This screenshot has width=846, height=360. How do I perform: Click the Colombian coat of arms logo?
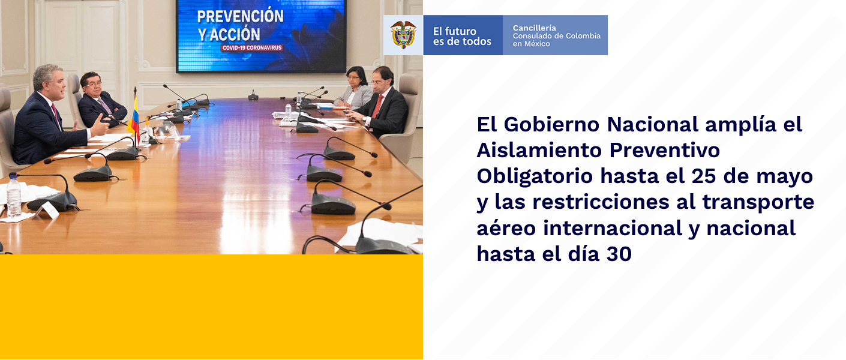click(x=403, y=35)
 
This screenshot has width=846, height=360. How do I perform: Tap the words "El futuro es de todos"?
click(x=462, y=36)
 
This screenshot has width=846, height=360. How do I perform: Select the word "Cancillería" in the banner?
click(x=534, y=28)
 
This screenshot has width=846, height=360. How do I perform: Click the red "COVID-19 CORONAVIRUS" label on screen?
click(x=252, y=48)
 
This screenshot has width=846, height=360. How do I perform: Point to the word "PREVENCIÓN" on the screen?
click(x=240, y=16)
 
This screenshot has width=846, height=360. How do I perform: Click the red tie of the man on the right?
click(x=377, y=106)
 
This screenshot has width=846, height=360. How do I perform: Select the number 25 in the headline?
click(x=704, y=176)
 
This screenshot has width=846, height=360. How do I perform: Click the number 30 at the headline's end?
click(x=619, y=253)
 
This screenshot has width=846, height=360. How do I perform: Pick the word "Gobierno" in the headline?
click(x=551, y=124)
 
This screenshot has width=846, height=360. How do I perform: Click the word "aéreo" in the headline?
click(x=506, y=228)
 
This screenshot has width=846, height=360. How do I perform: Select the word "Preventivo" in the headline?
click(x=664, y=151)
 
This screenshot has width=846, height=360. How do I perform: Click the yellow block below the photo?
click(x=211, y=307)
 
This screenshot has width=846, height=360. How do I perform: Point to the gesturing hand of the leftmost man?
click(x=99, y=125)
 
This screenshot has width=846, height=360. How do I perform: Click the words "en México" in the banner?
click(x=531, y=44)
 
